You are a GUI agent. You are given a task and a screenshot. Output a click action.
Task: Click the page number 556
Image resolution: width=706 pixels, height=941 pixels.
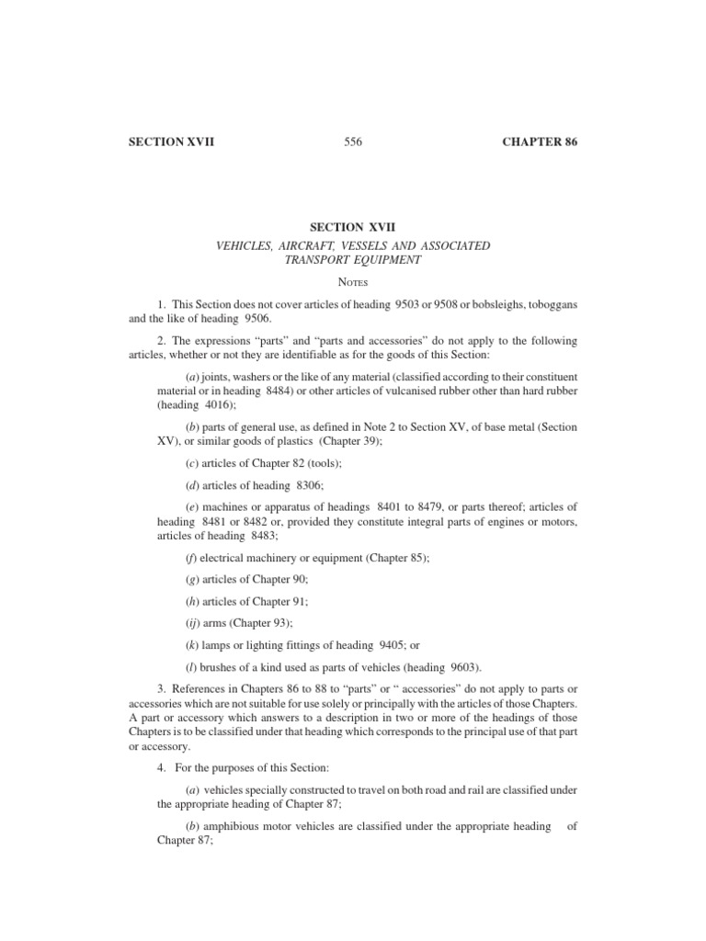pyautogui.click(x=354, y=142)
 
